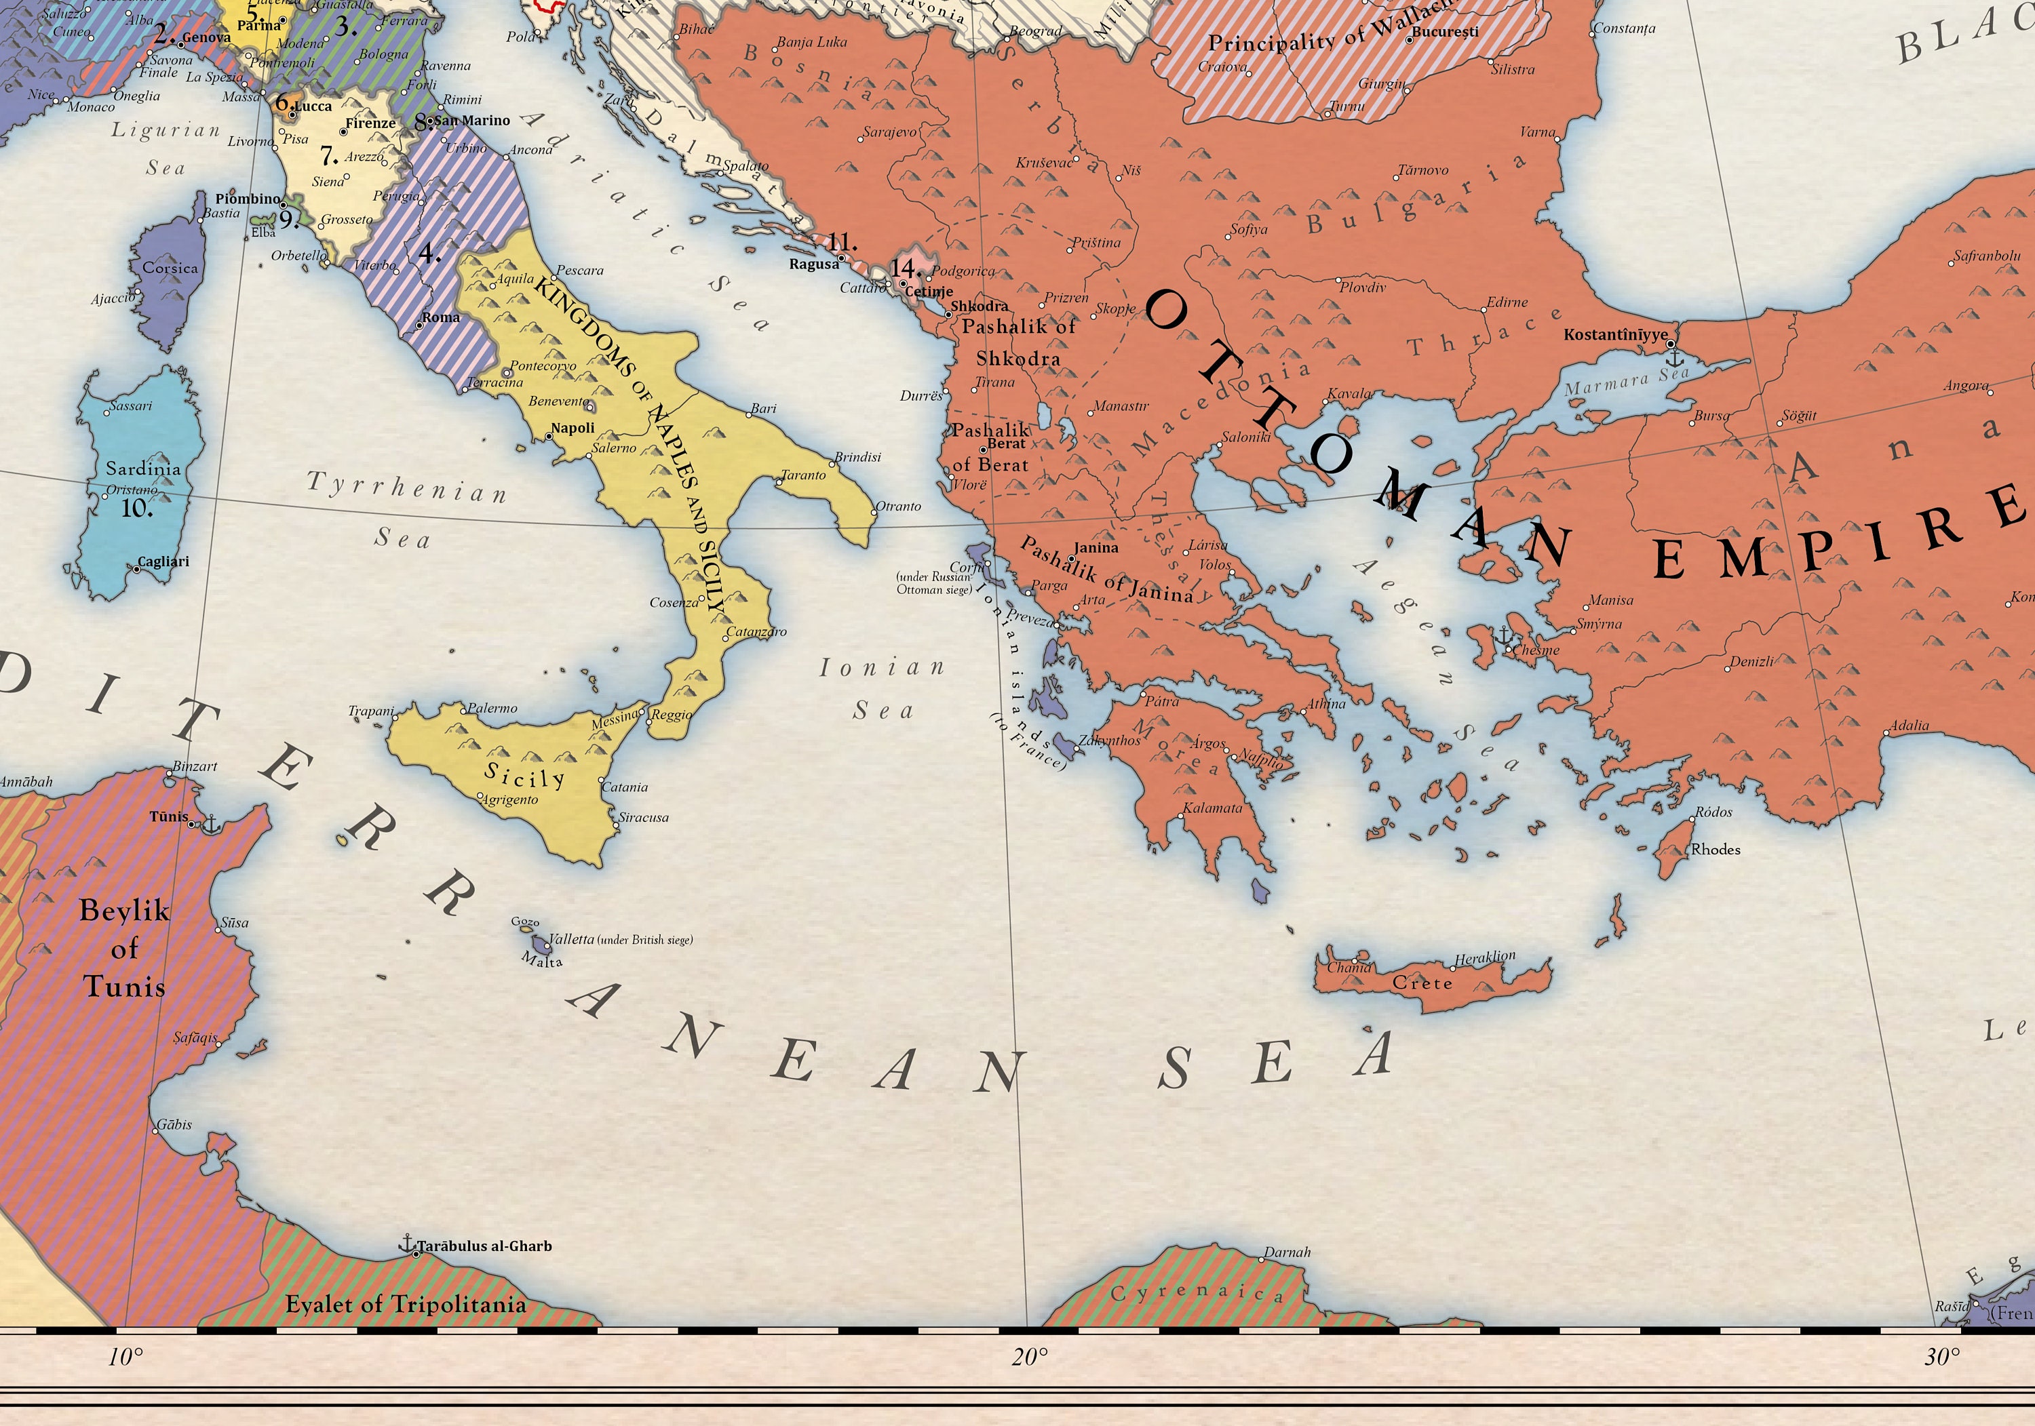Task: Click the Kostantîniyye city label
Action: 1615,335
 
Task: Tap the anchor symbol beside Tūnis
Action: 211,825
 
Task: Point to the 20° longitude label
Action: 1029,1357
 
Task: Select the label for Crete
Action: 1422,983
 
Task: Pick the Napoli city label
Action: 573,428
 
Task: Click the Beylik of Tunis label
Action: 123,949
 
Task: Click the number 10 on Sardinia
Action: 136,509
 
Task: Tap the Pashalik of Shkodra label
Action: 1018,342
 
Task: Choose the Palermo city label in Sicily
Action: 492,708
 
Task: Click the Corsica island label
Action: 170,268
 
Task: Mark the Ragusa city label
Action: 813,264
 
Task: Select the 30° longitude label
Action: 1942,1357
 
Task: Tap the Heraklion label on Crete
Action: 1485,957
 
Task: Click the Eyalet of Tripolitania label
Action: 405,1305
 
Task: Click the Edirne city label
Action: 1507,302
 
